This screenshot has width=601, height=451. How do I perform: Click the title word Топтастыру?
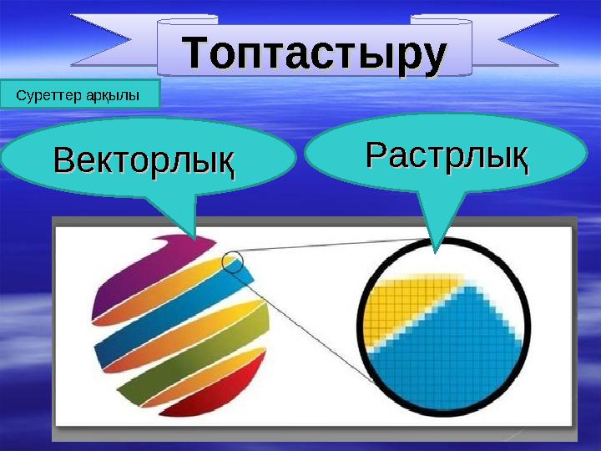(314, 52)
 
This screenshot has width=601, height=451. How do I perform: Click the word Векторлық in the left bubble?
(144, 160)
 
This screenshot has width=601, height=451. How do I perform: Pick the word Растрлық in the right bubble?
(447, 155)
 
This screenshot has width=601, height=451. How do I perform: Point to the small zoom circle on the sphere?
(233, 261)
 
